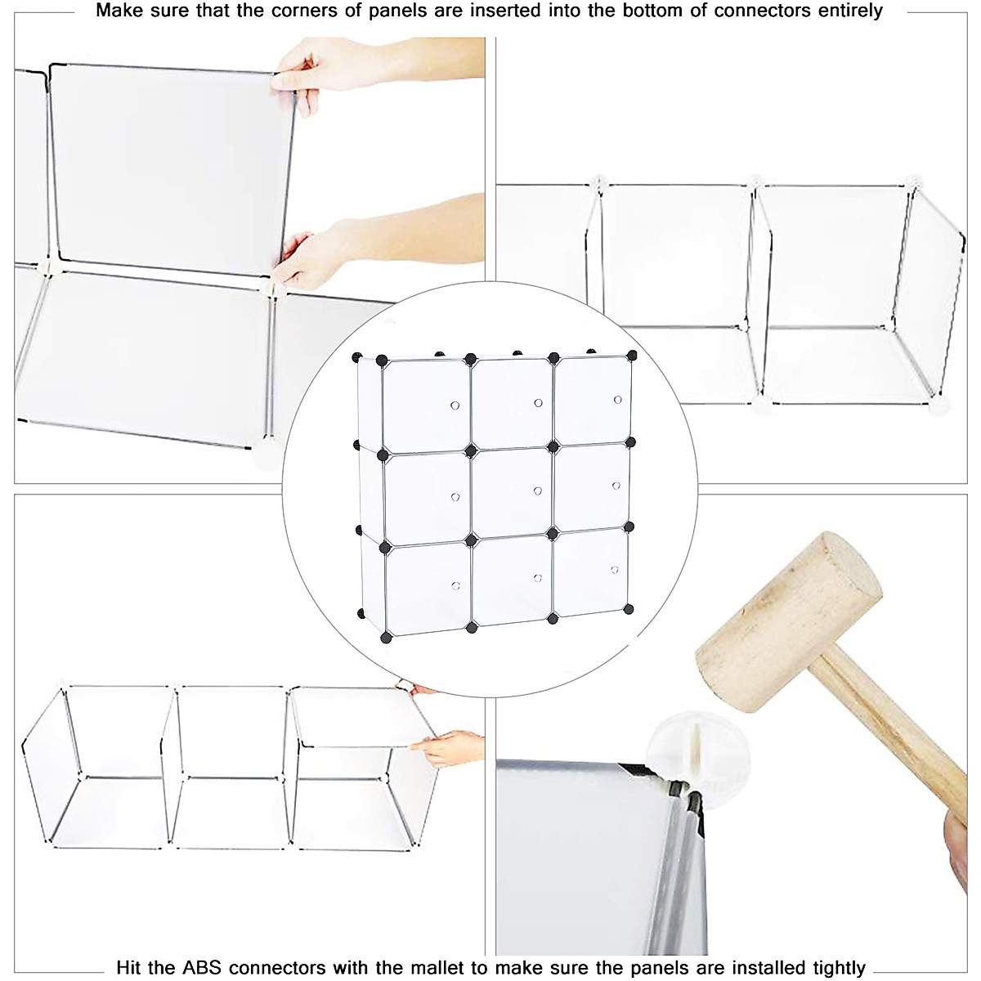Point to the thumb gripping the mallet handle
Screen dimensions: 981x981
point(961,842)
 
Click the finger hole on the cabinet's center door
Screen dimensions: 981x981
point(537,490)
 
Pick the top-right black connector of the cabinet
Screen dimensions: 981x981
point(631,355)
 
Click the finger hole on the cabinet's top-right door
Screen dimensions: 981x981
point(617,400)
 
